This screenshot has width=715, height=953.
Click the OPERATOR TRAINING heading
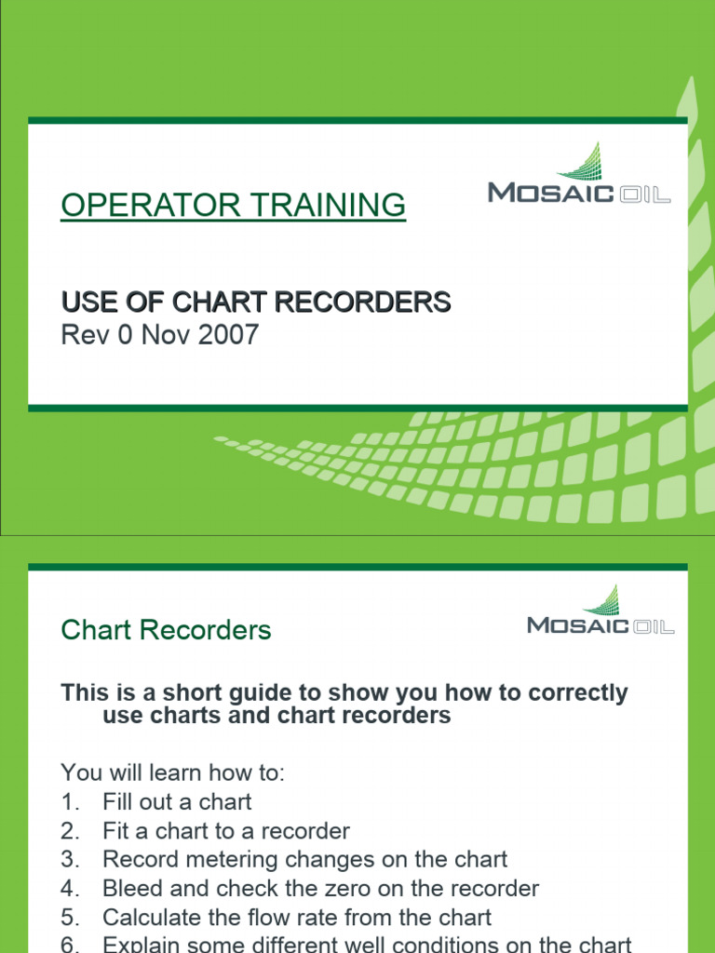click(x=233, y=205)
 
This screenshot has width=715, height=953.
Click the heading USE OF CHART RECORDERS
click(x=256, y=302)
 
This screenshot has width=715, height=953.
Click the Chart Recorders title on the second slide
click(x=166, y=630)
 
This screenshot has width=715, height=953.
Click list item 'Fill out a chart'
click(x=177, y=801)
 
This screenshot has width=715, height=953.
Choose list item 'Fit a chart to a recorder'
click(x=226, y=830)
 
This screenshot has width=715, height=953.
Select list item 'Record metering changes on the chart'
click(x=305, y=859)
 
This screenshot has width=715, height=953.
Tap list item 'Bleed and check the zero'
click(x=320, y=889)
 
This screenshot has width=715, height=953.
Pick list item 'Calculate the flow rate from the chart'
click(x=297, y=918)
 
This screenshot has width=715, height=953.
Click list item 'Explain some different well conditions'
click(x=367, y=945)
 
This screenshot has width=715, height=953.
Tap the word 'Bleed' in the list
click(x=129, y=889)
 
